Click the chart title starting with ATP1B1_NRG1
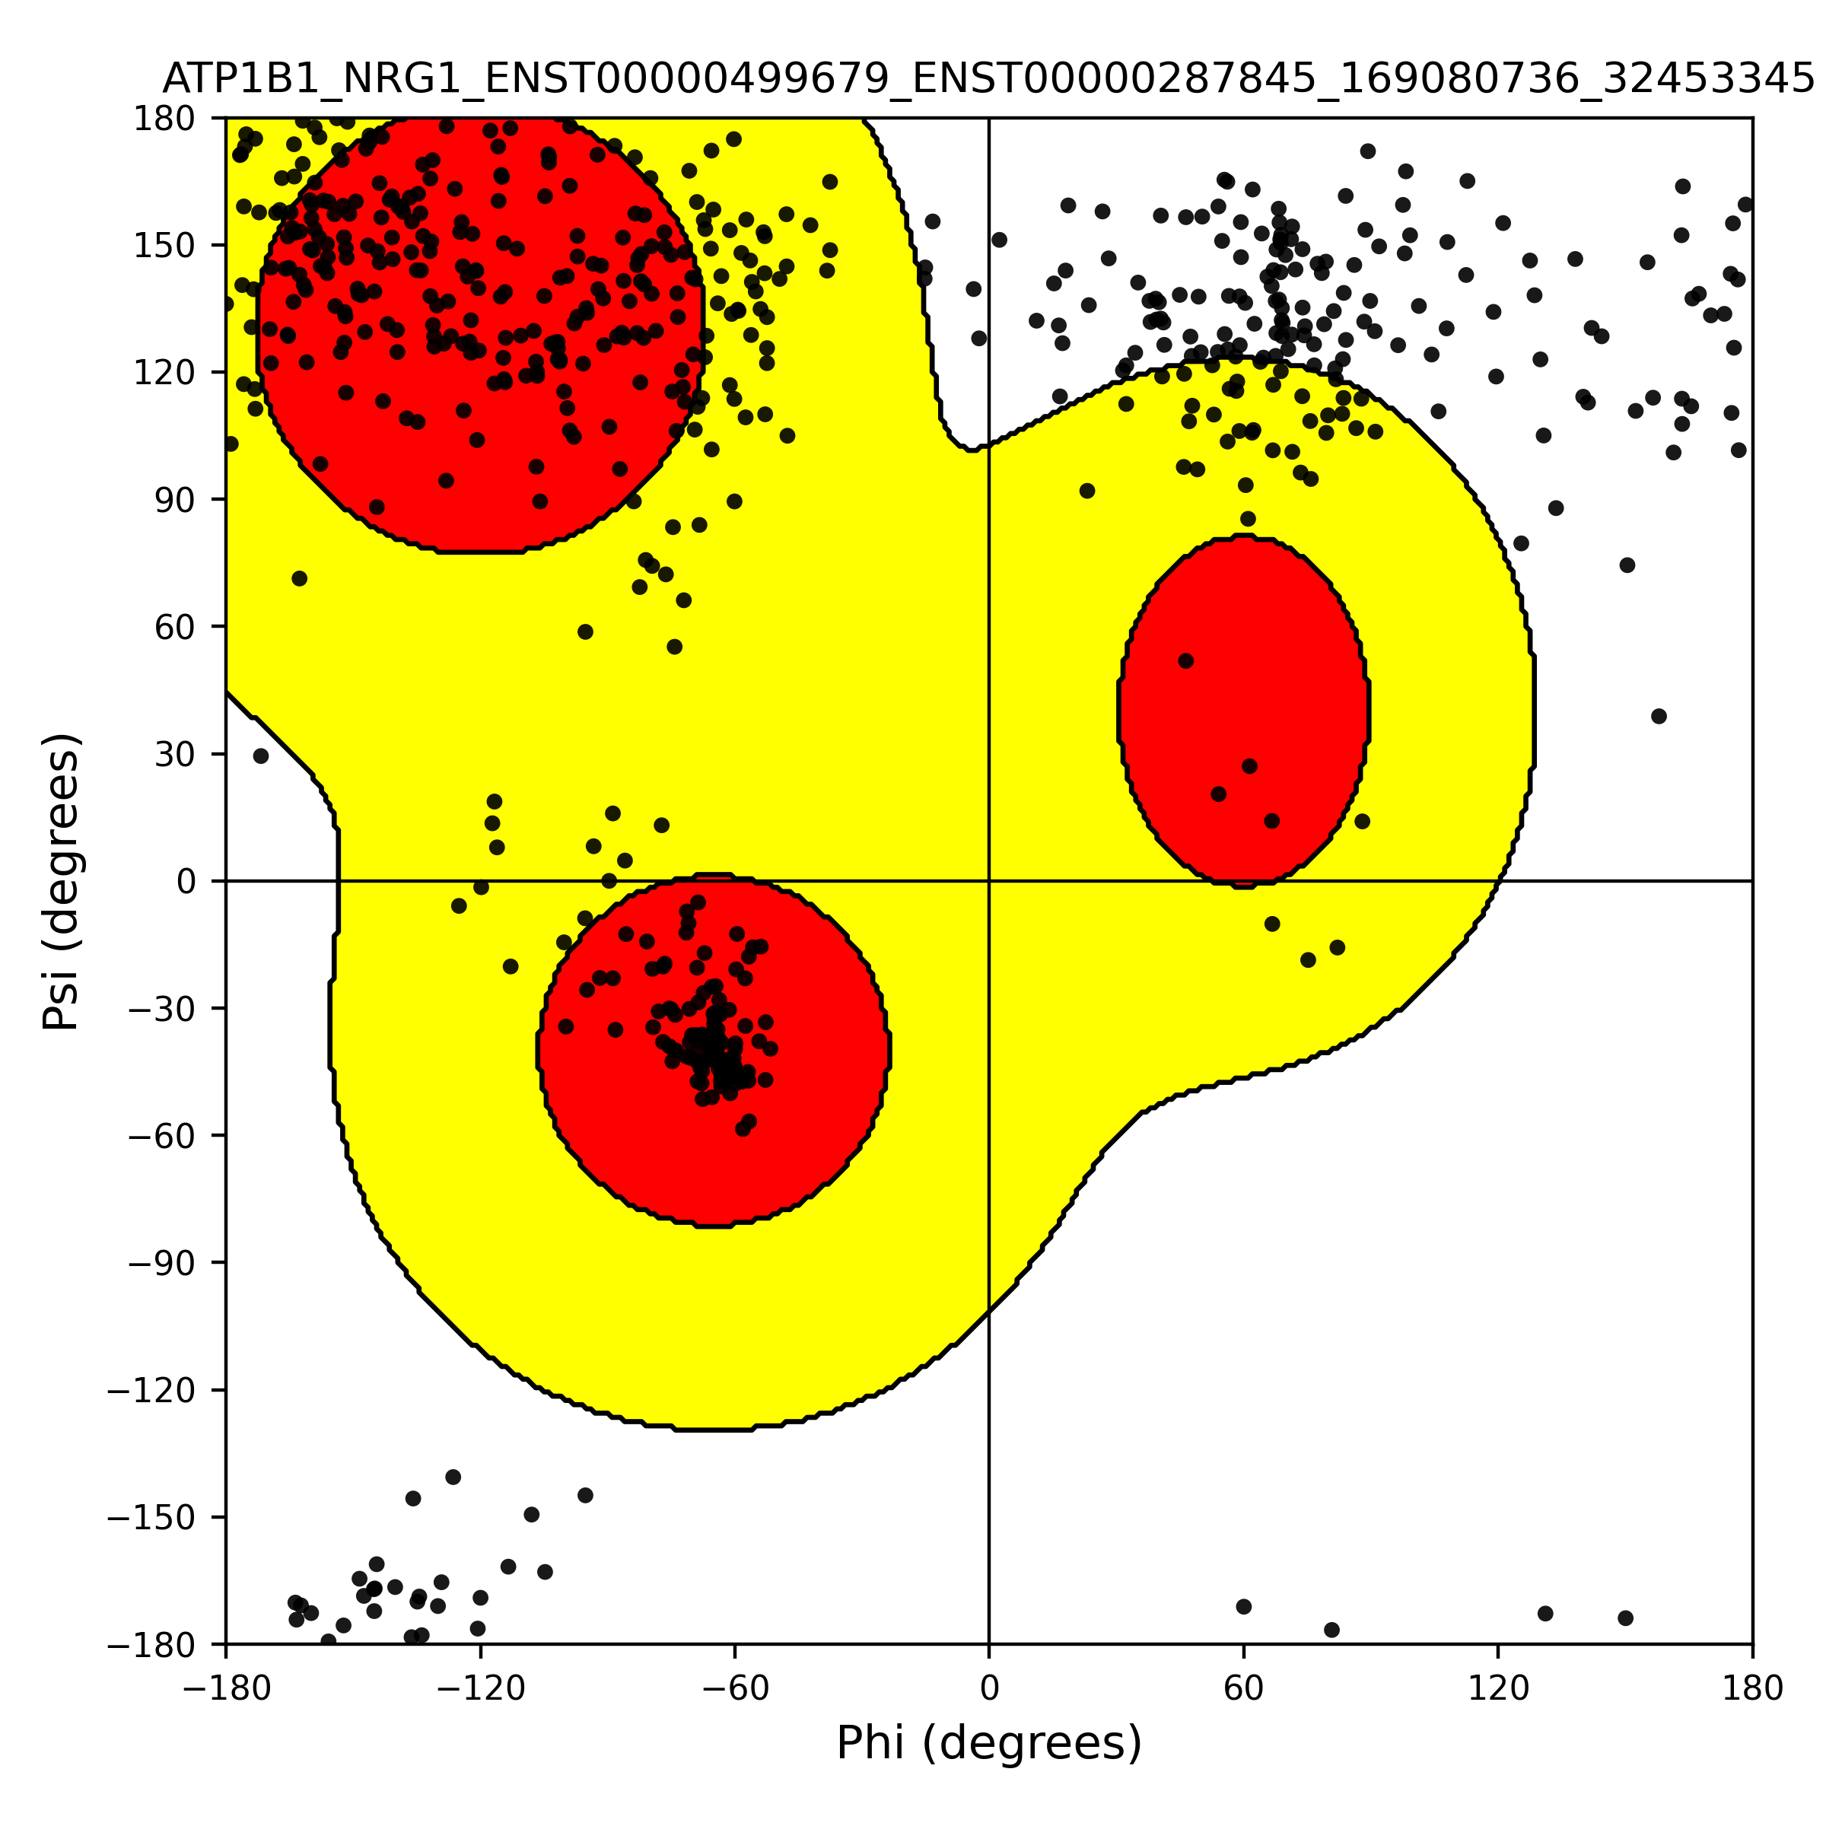point(988,79)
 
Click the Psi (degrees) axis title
point(62,881)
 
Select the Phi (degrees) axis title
point(988,1743)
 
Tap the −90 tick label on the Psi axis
point(164,1264)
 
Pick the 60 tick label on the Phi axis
point(1244,1688)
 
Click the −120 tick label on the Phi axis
point(480,1688)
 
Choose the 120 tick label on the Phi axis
point(1498,1688)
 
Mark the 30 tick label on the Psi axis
point(175,754)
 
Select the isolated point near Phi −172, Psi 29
point(261,756)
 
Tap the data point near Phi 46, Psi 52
point(1186,660)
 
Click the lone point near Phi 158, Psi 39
point(1659,717)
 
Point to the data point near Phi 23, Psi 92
point(1087,491)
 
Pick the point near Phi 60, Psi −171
point(1244,1607)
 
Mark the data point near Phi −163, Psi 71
point(300,578)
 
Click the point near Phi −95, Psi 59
point(585,631)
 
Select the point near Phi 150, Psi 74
point(1627,565)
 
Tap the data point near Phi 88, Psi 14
point(1362,822)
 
